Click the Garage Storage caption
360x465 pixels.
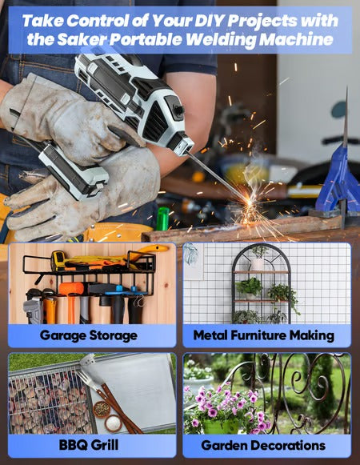(88, 335)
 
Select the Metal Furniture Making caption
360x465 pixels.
(264, 335)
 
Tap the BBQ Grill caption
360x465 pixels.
(89, 445)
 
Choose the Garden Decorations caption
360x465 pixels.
(263, 445)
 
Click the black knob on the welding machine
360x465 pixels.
(178, 110)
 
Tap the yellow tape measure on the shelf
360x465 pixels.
(58, 260)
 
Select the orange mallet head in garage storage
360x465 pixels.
(71, 289)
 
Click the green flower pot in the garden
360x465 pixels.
(220, 427)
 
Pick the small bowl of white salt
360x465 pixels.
(114, 423)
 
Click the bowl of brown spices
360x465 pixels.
(102, 409)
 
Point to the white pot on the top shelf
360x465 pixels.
(257, 263)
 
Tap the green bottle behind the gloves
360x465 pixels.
(162, 218)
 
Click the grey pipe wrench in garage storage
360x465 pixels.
(33, 308)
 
